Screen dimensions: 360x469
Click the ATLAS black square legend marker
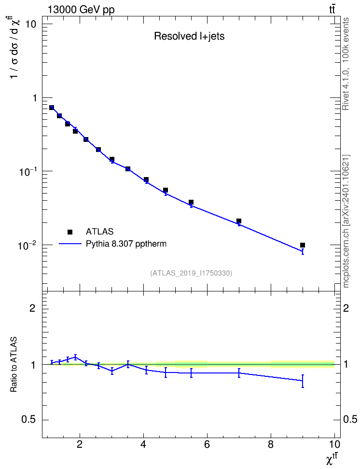click(70, 232)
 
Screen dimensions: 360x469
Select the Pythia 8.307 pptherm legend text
click(126, 244)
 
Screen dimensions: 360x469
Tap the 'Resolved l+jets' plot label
click(189, 36)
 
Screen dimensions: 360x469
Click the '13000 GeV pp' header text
click(81, 10)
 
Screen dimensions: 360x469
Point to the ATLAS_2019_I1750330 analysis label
click(191, 273)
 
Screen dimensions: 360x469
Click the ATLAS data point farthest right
click(303, 245)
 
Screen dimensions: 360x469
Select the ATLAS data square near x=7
click(239, 221)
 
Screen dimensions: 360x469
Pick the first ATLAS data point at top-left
click(52, 108)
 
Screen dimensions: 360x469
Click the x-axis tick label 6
click(207, 444)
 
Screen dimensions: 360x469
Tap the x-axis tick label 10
click(334, 444)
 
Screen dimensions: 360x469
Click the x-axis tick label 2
click(79, 444)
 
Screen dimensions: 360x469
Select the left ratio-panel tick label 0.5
click(28, 420)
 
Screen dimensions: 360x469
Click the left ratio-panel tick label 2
click(32, 308)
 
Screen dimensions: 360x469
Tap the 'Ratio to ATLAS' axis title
click(14, 364)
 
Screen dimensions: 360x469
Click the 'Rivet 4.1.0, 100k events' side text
click(346, 64)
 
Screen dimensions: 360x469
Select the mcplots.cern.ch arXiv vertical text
click(346, 221)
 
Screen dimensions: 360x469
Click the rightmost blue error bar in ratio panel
click(303, 381)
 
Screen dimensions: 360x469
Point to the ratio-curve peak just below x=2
click(75, 357)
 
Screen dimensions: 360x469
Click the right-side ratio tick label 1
click(346, 364)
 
